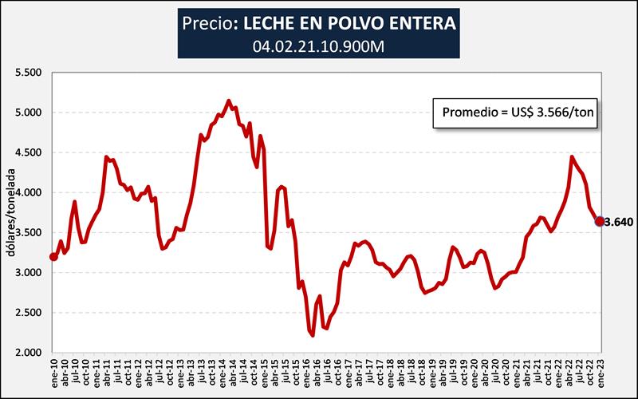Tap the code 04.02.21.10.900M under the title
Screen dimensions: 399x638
point(319,45)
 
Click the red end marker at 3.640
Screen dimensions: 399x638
point(600,221)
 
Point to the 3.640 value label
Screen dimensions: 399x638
point(619,222)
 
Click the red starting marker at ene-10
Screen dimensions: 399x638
point(53,256)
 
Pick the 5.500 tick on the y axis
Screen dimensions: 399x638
point(29,73)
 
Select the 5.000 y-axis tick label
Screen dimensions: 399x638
point(29,113)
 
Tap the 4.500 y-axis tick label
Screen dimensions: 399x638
point(29,152)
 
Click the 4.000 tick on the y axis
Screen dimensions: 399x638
point(29,192)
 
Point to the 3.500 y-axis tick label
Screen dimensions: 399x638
point(29,232)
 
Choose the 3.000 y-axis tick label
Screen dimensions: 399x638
point(29,272)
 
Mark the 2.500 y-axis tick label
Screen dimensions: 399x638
point(29,312)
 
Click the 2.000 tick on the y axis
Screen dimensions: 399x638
point(29,352)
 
